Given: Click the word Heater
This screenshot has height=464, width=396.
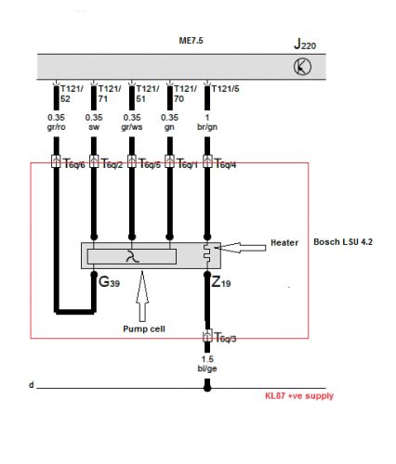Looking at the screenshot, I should tap(285, 241).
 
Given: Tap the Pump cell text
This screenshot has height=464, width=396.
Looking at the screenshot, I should tap(143, 328).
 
